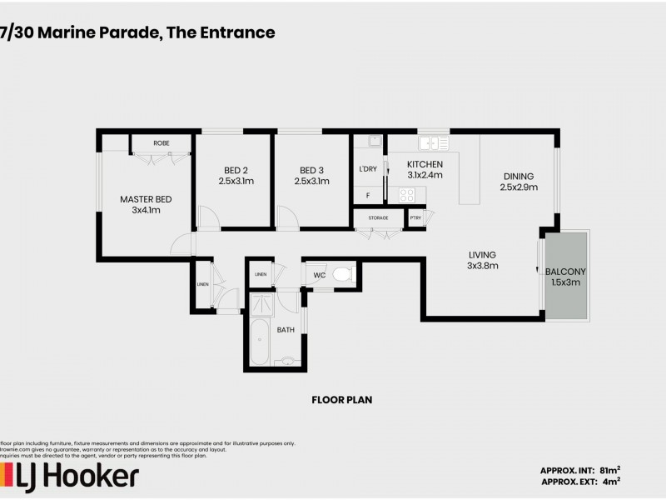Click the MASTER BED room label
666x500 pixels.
(x=146, y=198)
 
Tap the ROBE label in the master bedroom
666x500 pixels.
(x=161, y=143)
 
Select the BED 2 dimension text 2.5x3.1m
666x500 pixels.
(x=236, y=181)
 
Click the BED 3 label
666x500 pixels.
(x=312, y=168)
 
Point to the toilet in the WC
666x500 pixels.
(x=341, y=274)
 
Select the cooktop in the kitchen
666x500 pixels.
(x=407, y=195)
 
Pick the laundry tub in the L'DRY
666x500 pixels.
(x=375, y=142)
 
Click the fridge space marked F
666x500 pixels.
(x=367, y=196)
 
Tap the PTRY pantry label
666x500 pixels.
(x=415, y=217)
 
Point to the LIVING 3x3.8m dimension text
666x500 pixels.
(x=482, y=267)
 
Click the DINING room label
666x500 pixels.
(x=518, y=176)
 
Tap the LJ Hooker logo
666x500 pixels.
(x=71, y=477)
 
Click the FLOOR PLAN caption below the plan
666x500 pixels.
(x=341, y=400)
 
